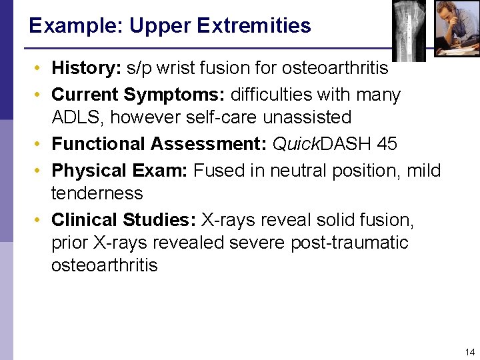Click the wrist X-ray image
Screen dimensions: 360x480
pyautogui.click(x=409, y=28)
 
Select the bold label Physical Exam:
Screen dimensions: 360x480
pyautogui.click(x=120, y=171)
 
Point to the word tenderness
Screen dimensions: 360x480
pyautogui.click(x=97, y=193)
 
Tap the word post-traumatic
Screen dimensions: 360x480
pyautogui.click(x=349, y=243)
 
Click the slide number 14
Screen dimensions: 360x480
pyautogui.click(x=469, y=351)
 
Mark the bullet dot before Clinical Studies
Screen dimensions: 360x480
pyautogui.click(x=41, y=220)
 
